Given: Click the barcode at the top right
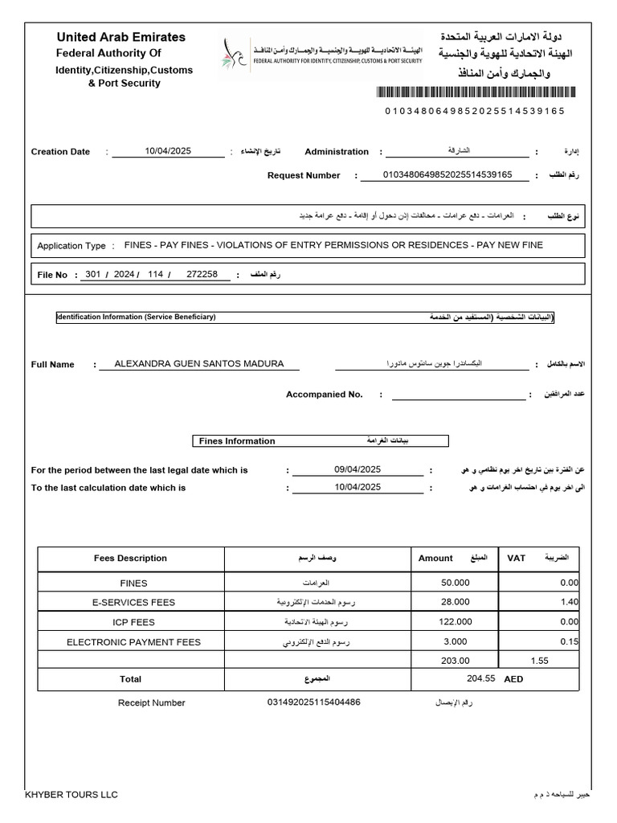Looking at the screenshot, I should point(475,94).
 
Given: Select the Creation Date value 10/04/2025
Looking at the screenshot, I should point(168,151).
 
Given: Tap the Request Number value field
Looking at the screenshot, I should point(447,174).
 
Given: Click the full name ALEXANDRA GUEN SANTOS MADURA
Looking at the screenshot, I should point(198,363).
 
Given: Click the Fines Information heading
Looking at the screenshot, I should point(236,440).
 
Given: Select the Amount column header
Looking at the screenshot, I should point(435,558).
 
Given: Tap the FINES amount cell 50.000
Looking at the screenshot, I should point(456,583).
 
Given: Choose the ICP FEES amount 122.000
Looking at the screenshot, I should point(456,622).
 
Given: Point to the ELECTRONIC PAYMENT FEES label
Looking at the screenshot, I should point(133,641).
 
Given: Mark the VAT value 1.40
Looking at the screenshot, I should point(569,602).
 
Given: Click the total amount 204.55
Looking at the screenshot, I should point(480,679).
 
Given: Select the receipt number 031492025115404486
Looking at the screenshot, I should point(313,702).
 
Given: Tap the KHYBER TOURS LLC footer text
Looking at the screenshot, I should point(72,795).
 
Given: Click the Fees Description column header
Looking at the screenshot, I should point(130,558).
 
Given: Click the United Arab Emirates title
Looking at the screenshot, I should point(121,37).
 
